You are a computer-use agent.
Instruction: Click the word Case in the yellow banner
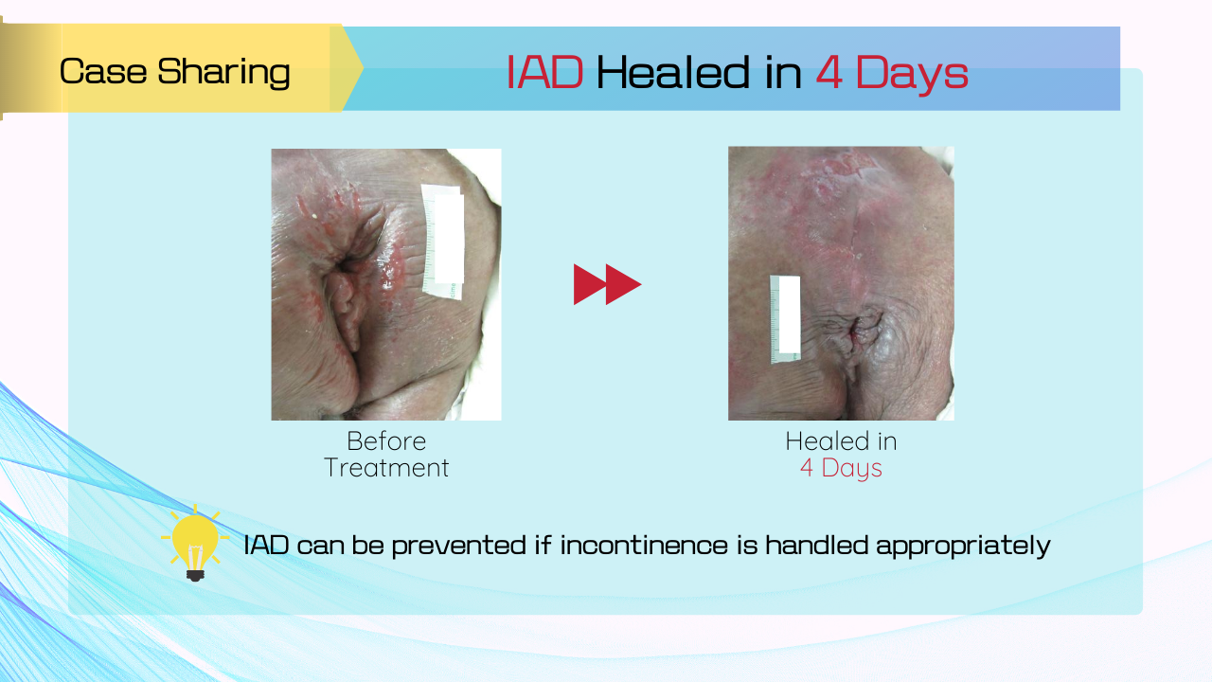tap(103, 71)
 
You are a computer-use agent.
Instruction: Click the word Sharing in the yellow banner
tap(223, 73)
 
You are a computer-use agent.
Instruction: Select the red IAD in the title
tap(544, 72)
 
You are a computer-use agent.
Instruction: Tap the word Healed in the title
tap(671, 72)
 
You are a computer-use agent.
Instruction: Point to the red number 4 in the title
tap(829, 72)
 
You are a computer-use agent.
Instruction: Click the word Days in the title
tap(912, 75)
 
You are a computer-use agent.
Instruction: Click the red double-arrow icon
tap(607, 284)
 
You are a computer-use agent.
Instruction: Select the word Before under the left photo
tap(386, 441)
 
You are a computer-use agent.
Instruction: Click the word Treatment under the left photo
tap(386, 468)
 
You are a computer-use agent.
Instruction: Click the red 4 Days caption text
tap(841, 468)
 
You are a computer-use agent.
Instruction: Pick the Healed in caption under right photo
tap(841, 441)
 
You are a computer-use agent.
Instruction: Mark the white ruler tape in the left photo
tap(443, 242)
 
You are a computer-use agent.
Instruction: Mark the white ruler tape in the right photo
tap(785, 319)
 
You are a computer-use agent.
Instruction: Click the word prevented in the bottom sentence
tap(459, 546)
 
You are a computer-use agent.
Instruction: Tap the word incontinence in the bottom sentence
tap(644, 545)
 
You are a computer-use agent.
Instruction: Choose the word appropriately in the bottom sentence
tap(963, 546)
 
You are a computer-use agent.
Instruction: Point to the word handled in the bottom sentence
tap(816, 545)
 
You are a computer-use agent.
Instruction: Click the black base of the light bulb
tap(195, 575)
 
